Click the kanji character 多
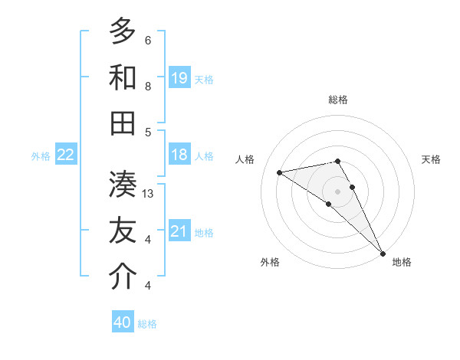[123, 31]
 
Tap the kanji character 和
[123, 77]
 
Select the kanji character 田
[123, 123]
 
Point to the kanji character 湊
[123, 185]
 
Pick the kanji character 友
[123, 231]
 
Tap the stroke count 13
[149, 194]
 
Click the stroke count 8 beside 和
[148, 87]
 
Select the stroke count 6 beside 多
[148, 41]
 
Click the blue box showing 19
[179, 78]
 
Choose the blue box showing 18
[179, 155]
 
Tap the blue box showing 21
[179, 231]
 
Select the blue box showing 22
[66, 155]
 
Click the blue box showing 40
[123, 322]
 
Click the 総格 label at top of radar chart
[338, 100]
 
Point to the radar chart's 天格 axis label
[432, 159]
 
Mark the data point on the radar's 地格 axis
[383, 253]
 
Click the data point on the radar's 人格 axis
[280, 172]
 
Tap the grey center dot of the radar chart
[338, 190]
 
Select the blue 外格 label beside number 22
[41, 156]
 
